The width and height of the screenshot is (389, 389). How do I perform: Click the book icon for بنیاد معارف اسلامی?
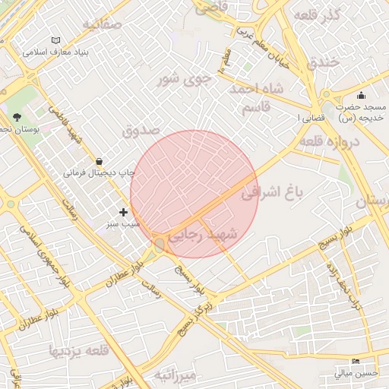pos(55,40)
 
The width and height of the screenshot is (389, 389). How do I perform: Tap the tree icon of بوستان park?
pos(16,116)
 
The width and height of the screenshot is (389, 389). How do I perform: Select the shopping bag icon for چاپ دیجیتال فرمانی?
pos(100,160)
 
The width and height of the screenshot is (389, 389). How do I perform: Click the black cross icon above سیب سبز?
pos(124,212)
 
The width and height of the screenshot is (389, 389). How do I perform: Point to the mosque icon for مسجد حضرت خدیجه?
pos(361,95)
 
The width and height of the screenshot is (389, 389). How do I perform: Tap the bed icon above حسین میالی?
pos(356,362)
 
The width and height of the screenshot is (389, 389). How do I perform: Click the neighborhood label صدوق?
pos(142,130)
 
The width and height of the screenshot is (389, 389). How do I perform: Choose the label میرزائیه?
pos(175,375)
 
